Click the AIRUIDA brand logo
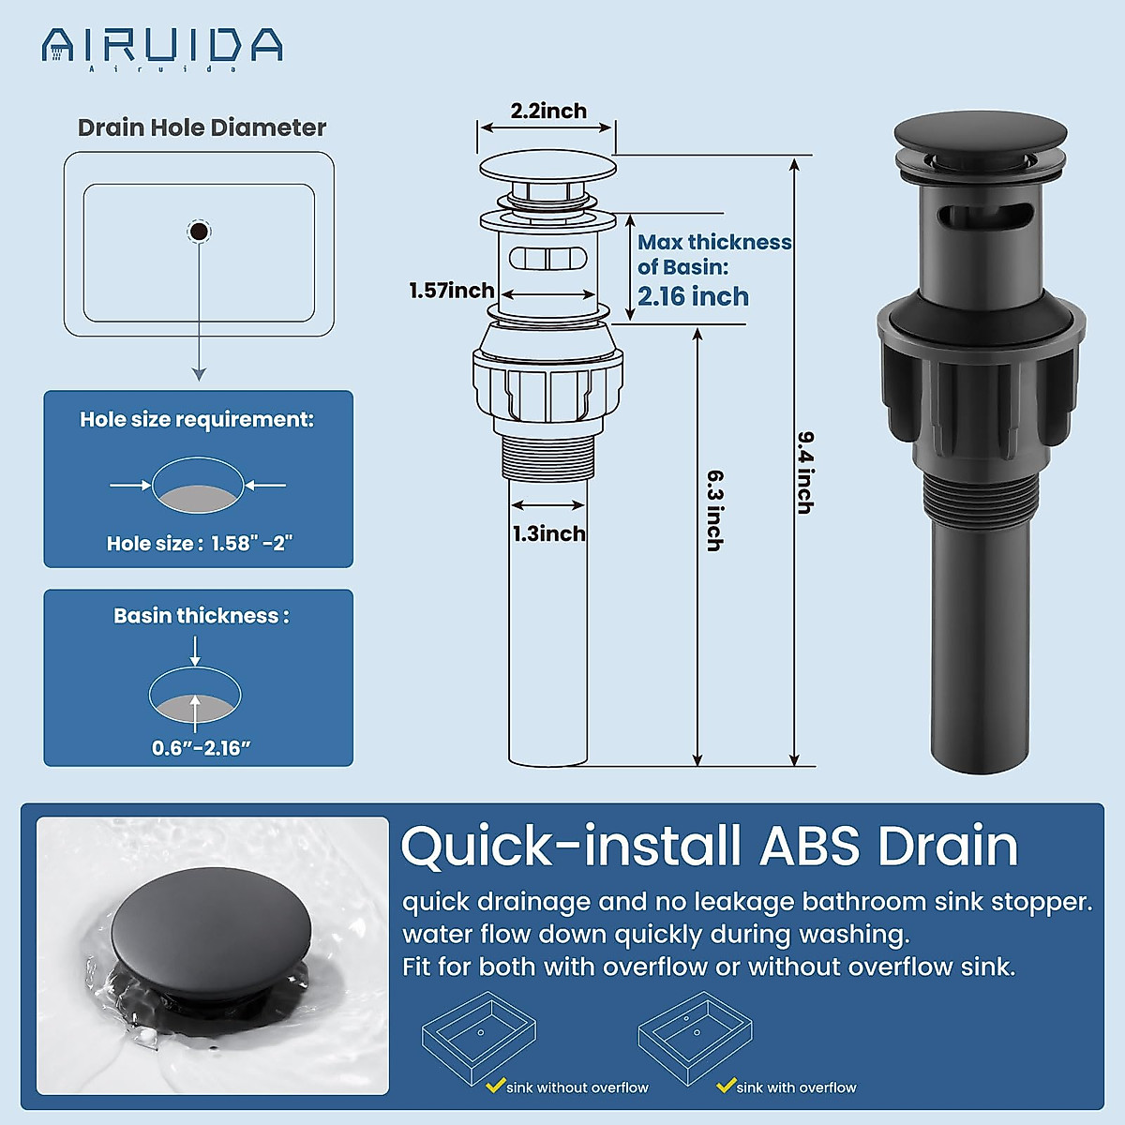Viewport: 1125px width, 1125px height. [x=162, y=47]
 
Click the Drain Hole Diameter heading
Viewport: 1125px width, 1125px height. [x=202, y=127]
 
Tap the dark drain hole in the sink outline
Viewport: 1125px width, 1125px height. [x=199, y=231]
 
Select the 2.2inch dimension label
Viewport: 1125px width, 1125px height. [x=548, y=111]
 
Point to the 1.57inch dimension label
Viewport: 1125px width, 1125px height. [x=451, y=291]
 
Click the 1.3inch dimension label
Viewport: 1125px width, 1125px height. [x=548, y=533]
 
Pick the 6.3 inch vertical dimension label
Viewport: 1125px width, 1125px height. [x=714, y=511]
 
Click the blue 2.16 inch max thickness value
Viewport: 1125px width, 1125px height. [x=693, y=296]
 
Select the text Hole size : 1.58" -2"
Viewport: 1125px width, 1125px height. [x=199, y=544]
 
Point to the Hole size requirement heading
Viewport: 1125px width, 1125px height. [x=197, y=419]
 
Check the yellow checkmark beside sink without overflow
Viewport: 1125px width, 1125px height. [x=496, y=1086]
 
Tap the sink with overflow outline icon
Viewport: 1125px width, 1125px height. [x=696, y=1037]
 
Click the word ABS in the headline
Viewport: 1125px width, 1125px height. [x=809, y=846]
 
